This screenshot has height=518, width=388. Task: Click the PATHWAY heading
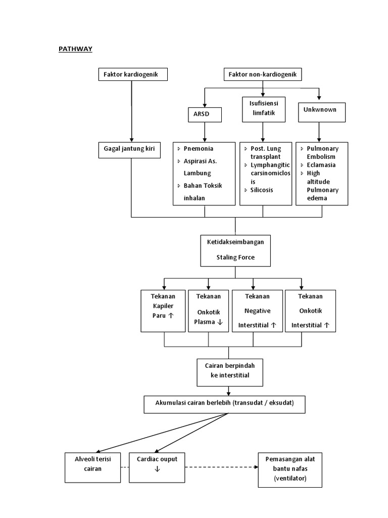click(75, 49)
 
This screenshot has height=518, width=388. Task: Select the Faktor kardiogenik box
click(132, 75)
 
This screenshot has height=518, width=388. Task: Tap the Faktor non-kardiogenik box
click(263, 75)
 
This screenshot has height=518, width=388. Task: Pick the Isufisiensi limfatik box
click(263, 109)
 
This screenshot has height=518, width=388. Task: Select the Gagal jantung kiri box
click(132, 149)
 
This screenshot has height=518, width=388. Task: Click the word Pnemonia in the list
click(198, 149)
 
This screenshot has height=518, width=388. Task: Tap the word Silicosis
click(262, 190)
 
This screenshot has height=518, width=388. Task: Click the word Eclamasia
click(321, 165)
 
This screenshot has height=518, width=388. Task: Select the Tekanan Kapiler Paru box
click(163, 311)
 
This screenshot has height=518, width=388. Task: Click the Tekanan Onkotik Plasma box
click(209, 311)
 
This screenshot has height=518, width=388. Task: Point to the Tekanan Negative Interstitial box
click(257, 311)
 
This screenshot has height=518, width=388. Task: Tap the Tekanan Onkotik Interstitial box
click(310, 311)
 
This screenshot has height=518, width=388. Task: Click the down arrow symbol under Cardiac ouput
click(157, 469)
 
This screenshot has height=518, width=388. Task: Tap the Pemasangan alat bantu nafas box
click(289, 469)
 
